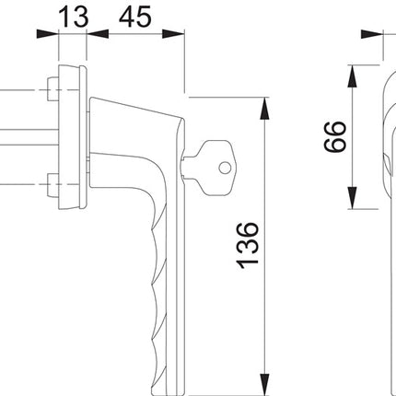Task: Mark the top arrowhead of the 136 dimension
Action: pyautogui.click(x=265, y=99)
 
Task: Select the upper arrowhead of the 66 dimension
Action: pyautogui.click(x=353, y=71)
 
